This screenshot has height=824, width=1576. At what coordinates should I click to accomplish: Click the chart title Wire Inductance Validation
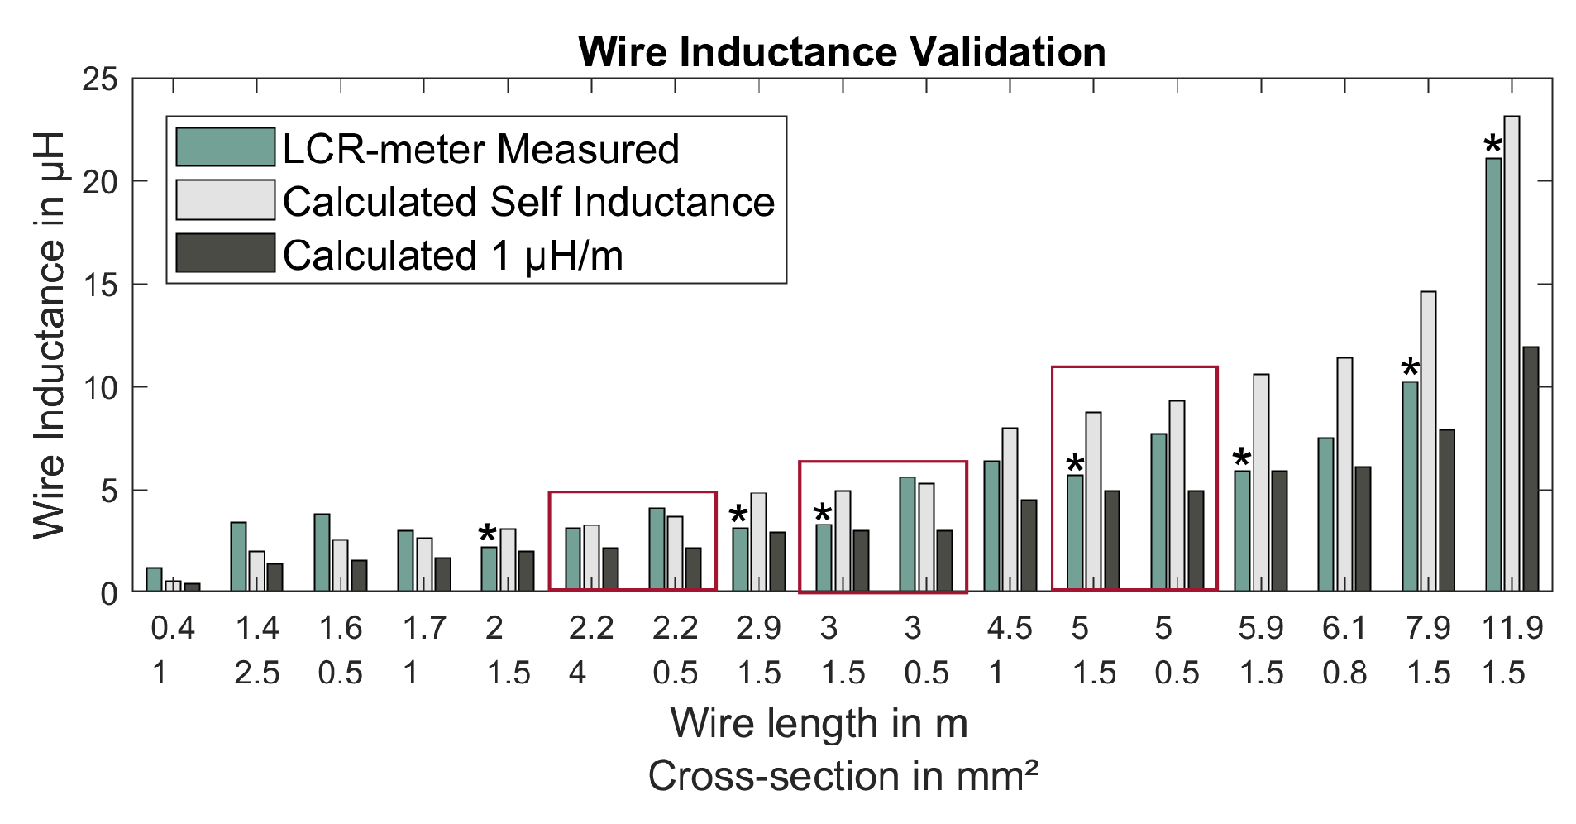[x=842, y=52]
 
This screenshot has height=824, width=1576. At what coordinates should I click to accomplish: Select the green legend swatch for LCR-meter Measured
[x=225, y=147]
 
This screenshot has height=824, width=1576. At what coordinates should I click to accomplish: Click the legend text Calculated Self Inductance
[x=528, y=202]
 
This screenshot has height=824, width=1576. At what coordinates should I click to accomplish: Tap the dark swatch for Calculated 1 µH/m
[x=225, y=253]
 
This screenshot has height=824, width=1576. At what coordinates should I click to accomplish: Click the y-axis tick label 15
[x=100, y=285]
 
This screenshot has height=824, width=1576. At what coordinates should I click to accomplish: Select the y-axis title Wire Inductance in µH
[x=50, y=335]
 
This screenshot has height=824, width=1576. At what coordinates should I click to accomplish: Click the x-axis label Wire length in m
[x=819, y=724]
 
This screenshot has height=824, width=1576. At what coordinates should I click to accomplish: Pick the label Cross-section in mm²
[x=842, y=777]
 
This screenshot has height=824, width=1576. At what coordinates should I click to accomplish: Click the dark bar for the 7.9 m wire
[x=1447, y=510]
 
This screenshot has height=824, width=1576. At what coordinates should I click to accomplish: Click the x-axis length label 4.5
[x=1009, y=629]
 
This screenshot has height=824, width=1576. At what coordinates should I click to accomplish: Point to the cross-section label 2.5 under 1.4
[x=256, y=673]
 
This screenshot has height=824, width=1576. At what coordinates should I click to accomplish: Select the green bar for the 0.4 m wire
[x=154, y=579]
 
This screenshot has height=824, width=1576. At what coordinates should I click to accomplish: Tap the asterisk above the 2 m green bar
[x=488, y=534]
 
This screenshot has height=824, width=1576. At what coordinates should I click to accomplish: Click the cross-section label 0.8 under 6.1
[x=1344, y=673]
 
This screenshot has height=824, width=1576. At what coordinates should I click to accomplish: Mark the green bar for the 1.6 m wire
[x=322, y=553]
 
